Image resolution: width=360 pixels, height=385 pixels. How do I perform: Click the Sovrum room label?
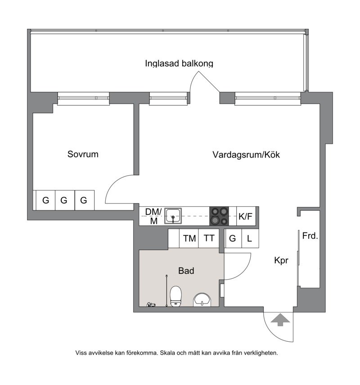pos(83,154)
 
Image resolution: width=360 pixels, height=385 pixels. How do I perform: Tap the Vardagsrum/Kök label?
pos(246,155)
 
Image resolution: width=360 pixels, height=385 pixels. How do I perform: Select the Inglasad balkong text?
pos(179,63)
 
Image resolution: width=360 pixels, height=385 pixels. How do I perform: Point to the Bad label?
pos(186,271)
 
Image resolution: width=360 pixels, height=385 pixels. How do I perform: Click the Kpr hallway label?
pos(281,260)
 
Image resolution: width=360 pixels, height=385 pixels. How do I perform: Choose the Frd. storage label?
pos(310,236)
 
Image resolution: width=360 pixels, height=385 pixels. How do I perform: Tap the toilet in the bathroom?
pos(175,296)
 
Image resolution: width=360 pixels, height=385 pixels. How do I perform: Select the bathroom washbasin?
pos(202,300)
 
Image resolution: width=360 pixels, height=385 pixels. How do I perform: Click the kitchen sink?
pos(173,216)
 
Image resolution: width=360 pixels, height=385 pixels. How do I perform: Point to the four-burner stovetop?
pos(219,216)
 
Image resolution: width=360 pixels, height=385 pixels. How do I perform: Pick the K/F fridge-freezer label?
pos(245,216)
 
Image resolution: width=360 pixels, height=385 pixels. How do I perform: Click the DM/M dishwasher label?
pos(153,216)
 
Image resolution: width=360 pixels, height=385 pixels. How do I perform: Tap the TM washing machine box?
pos(189,238)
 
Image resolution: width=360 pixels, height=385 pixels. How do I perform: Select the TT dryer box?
pos(209,238)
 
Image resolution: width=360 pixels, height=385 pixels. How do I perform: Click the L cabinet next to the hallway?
pos(250,238)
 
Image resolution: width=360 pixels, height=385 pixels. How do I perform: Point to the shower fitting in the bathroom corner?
pos(151,305)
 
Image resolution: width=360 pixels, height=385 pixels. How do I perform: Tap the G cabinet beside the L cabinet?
pos(233,238)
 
